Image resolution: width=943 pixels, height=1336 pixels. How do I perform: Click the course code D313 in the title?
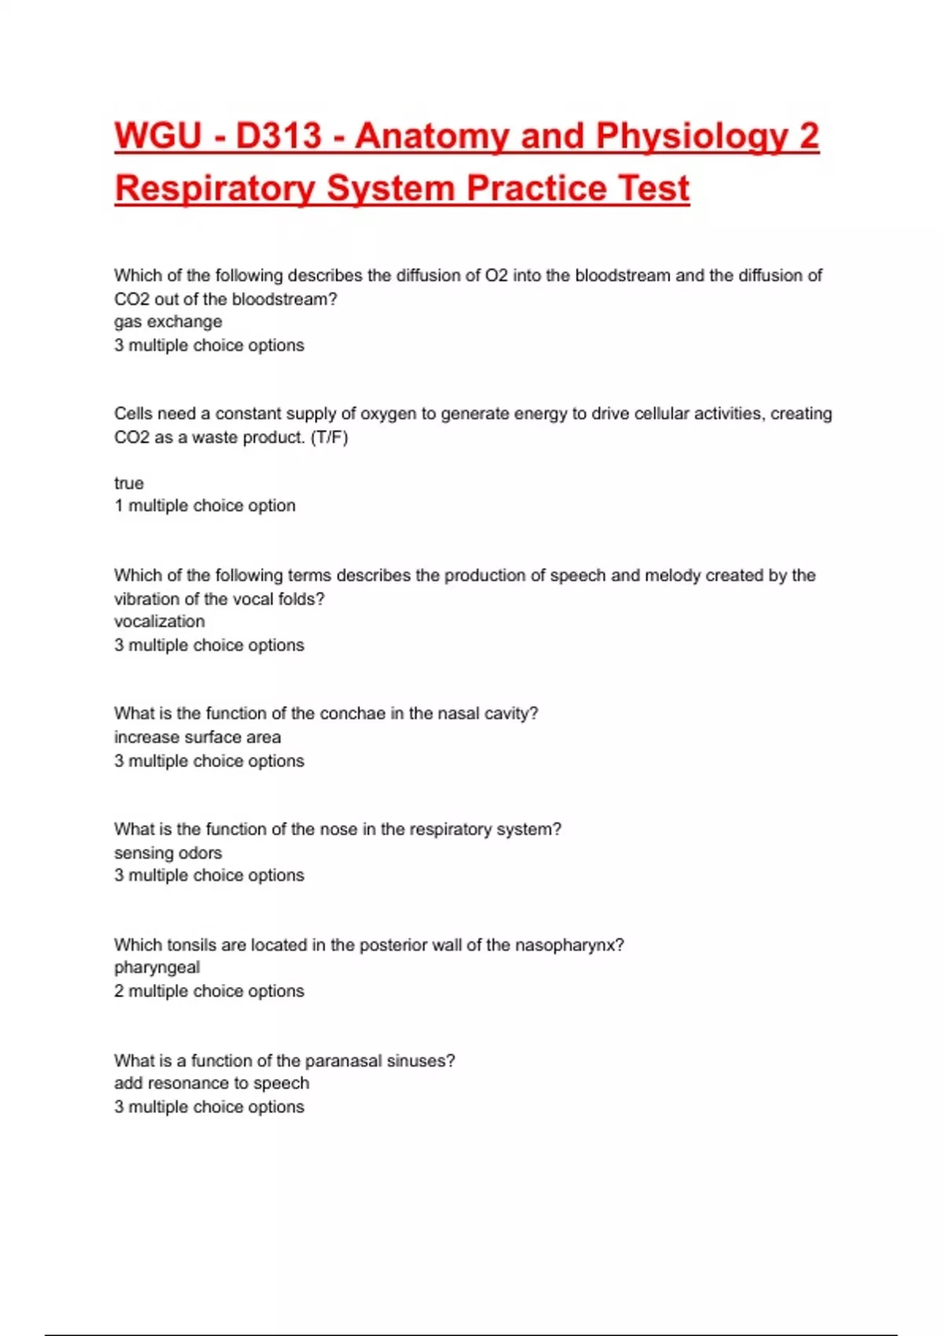(x=279, y=136)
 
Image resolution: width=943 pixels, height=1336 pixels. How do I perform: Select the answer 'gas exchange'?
(x=168, y=321)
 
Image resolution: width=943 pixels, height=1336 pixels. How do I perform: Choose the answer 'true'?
(x=129, y=483)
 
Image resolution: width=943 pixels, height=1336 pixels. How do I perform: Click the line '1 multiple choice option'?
(x=205, y=505)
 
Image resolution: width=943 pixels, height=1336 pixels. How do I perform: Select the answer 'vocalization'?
(x=160, y=621)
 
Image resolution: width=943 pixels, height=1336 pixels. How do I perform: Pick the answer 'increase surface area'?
(x=197, y=737)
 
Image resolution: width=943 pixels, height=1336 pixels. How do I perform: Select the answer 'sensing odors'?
(x=168, y=853)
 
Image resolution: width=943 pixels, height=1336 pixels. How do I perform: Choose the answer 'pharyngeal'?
(x=157, y=967)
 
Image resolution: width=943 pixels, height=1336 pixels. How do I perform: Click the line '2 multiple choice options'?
(x=209, y=991)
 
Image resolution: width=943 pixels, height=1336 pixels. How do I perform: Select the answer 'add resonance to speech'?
(x=211, y=1083)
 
